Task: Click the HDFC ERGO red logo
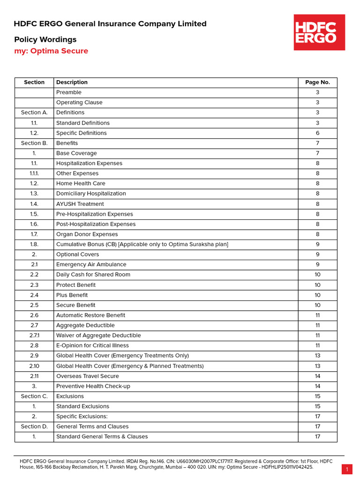pos(319,32)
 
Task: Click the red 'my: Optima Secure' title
pos(51,51)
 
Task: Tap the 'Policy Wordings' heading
pos(45,39)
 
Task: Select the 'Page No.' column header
pos(317,82)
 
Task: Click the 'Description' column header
pos(72,82)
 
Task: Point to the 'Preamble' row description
pos(69,92)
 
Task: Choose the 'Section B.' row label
pos(34,143)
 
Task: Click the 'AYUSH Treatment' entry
pos(80,204)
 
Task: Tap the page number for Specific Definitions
pos(317,133)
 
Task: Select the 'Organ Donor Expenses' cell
pos(87,234)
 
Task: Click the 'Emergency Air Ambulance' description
pos(91,264)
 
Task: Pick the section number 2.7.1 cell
pos(34,336)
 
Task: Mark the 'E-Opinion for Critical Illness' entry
pos(92,345)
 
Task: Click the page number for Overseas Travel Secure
pos(317,376)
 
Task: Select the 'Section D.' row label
pos(34,427)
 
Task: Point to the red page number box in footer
pos(347,469)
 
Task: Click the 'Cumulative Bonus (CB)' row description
pos(142,244)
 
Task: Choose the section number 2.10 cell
pos(34,366)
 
